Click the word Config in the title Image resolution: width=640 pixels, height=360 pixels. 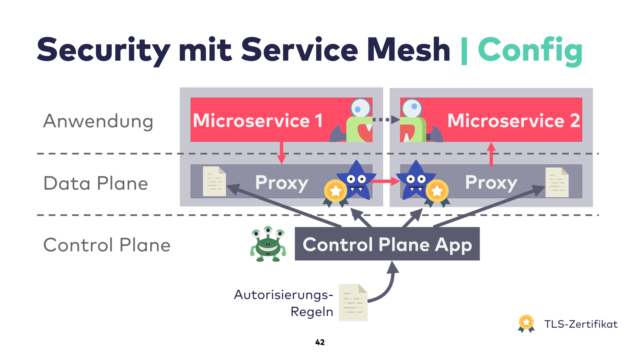point(530,50)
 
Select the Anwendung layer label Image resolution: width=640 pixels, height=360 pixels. point(98,121)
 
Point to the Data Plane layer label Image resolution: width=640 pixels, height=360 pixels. point(96,184)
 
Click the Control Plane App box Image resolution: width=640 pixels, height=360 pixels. point(387,244)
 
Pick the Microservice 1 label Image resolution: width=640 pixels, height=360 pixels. point(258,120)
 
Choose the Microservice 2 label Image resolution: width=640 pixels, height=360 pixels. point(513,120)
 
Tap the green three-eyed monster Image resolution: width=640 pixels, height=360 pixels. point(268,244)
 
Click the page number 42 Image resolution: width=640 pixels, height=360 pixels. point(320,342)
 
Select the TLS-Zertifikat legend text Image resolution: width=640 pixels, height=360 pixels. point(580,324)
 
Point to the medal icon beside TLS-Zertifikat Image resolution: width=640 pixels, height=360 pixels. point(526,323)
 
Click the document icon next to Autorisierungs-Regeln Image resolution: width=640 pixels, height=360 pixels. point(353,302)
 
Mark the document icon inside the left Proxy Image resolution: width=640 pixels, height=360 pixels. point(214,181)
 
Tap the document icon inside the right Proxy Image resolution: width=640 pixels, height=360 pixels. point(557,182)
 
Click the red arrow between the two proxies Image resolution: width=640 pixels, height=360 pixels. point(385,182)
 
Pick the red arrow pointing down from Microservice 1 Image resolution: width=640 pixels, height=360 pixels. point(281,153)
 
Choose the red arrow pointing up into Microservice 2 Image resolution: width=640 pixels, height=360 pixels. point(491,154)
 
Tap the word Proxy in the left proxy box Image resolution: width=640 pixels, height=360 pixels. point(282,183)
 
